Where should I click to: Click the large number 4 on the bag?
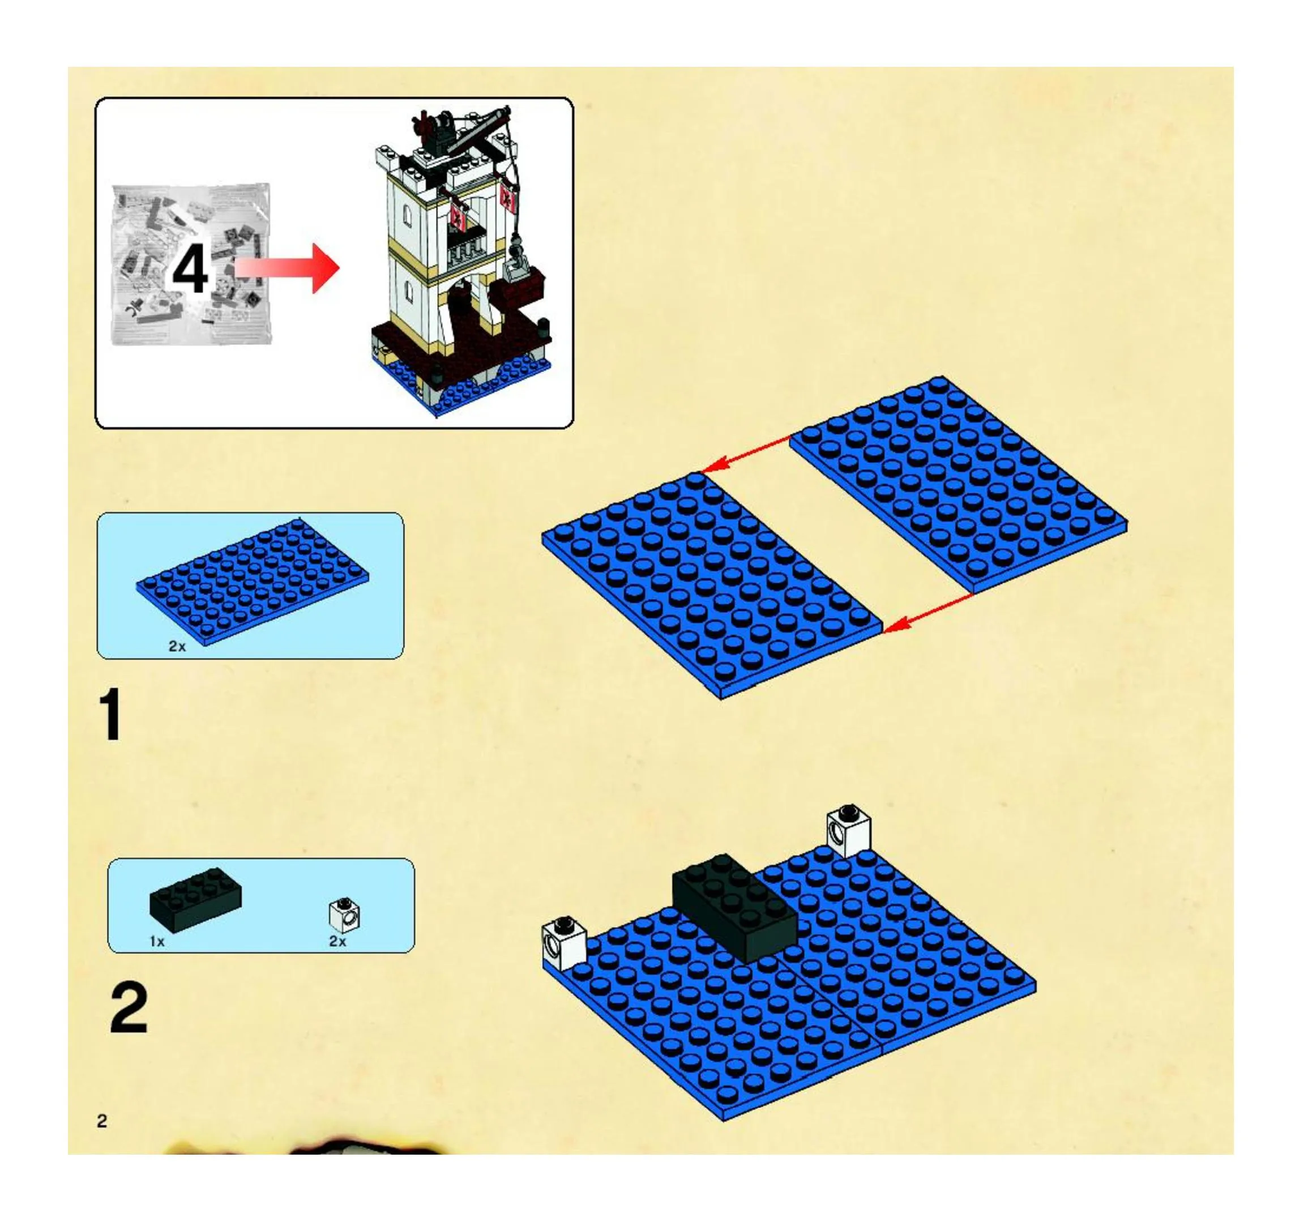click(190, 269)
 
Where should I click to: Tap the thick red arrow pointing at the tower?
click(287, 268)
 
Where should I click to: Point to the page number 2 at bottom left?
click(102, 1121)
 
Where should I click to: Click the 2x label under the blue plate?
click(177, 646)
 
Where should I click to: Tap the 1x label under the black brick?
click(157, 942)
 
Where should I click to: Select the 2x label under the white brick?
click(337, 942)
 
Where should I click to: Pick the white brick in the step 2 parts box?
click(344, 915)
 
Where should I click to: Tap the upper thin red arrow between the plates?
click(746, 454)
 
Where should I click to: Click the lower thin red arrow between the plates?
click(929, 612)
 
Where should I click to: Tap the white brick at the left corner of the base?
click(564, 943)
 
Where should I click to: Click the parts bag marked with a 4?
click(191, 264)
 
